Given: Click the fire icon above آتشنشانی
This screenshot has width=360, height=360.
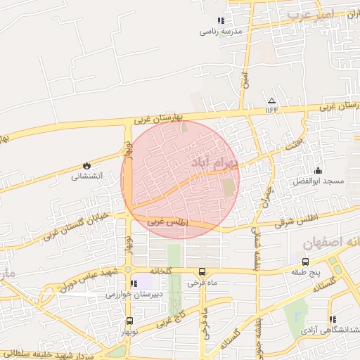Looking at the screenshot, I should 86,165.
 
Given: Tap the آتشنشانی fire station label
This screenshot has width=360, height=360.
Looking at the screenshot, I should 86,176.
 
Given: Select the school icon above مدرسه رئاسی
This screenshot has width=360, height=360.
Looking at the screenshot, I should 221,20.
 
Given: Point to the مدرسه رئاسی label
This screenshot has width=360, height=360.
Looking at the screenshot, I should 221,32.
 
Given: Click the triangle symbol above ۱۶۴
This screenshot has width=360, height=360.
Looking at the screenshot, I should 272,101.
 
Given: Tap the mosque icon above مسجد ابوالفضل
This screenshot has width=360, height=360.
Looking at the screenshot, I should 319,169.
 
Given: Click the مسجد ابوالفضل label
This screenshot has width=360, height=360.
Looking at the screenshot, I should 319,181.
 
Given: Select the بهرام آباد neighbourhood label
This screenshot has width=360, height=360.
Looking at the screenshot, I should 214,163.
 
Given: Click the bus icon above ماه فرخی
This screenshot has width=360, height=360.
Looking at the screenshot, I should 202,271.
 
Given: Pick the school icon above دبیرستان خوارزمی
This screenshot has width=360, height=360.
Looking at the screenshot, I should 133,283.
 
